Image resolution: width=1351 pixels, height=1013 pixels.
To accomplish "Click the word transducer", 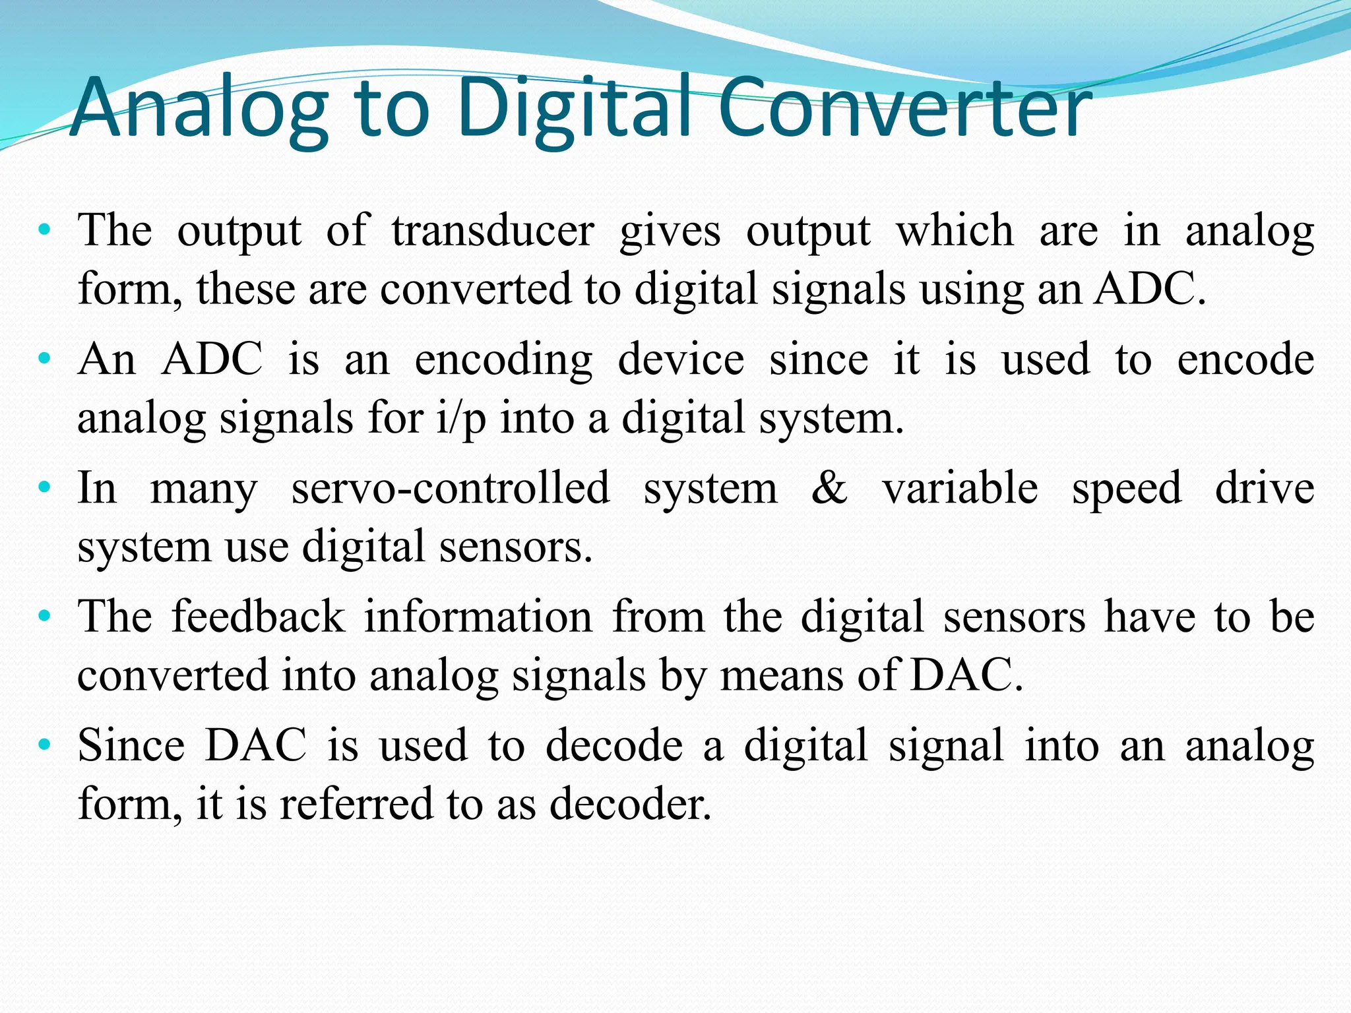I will [x=493, y=231].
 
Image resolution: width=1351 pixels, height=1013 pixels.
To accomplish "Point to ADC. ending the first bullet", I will [x=1149, y=289].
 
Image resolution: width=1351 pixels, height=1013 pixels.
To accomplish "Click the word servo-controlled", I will [x=451, y=489].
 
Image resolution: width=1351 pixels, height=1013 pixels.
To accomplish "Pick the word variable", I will [x=960, y=489].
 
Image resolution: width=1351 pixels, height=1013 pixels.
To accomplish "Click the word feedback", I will [x=258, y=617].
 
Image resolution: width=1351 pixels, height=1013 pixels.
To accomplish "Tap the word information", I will [x=478, y=617].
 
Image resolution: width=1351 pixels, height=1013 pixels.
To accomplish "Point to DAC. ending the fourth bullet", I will [x=966, y=675].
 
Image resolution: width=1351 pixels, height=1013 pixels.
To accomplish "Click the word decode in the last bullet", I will [x=614, y=746].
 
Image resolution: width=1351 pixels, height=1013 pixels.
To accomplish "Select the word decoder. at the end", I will [x=631, y=805].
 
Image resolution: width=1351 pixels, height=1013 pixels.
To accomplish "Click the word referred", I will [x=356, y=805].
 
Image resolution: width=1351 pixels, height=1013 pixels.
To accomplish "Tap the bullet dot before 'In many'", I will [x=44, y=489].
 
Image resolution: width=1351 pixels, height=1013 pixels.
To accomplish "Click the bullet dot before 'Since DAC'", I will [x=44, y=746].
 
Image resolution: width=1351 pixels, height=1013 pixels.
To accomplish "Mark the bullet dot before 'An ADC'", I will [x=44, y=360].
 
